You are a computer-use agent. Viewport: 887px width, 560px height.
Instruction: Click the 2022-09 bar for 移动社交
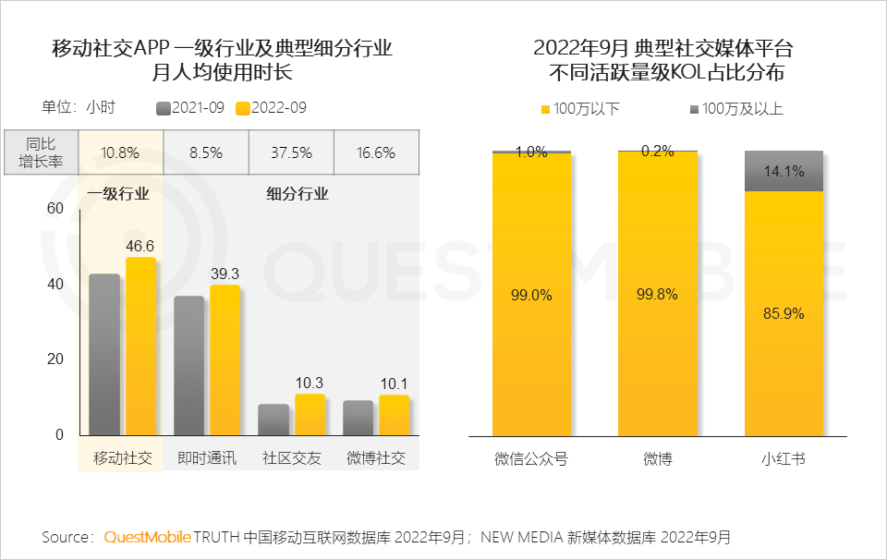point(140,347)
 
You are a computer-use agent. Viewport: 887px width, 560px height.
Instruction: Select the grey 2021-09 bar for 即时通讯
point(189,365)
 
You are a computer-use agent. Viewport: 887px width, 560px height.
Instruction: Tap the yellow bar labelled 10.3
point(310,414)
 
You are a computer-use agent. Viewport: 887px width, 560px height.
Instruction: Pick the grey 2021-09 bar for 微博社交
point(358,417)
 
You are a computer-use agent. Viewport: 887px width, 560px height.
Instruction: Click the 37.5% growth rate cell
point(291,152)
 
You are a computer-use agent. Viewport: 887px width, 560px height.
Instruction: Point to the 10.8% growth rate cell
point(120,152)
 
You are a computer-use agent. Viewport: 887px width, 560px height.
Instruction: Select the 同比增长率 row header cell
point(41,152)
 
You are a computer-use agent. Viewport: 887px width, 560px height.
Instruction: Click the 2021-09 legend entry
point(190,108)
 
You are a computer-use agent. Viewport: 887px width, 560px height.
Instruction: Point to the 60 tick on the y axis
point(55,209)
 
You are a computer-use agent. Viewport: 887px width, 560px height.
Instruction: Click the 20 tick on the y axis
point(55,359)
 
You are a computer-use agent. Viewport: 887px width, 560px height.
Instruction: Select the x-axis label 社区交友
point(291,458)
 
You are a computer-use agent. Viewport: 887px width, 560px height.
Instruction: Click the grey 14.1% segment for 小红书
point(784,171)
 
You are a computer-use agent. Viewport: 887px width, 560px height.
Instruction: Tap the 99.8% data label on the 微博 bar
point(657,295)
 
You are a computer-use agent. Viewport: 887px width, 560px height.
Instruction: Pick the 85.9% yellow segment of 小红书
point(784,314)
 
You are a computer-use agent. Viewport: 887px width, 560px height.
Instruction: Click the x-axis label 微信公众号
point(531,458)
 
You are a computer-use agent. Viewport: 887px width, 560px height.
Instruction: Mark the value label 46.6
point(140,246)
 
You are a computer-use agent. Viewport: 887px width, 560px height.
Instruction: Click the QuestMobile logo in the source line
point(147,537)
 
